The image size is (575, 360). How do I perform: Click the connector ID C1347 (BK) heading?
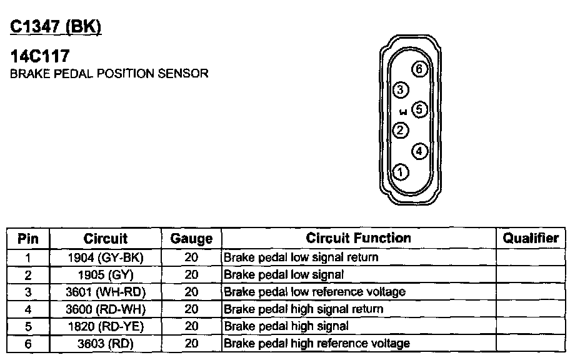click(56, 27)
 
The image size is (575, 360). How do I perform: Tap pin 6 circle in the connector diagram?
click(420, 69)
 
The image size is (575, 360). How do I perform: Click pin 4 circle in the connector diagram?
click(419, 151)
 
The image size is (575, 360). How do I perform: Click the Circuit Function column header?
click(358, 238)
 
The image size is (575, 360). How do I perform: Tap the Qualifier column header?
click(531, 238)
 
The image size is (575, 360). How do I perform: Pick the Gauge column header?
click(191, 239)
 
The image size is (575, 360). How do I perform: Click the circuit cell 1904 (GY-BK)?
click(105, 257)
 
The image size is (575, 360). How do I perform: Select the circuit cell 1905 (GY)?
click(105, 274)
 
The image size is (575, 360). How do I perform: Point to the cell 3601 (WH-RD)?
click(105, 292)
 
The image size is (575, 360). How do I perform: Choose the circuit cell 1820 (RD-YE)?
click(105, 326)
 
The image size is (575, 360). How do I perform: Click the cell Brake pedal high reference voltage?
click(317, 343)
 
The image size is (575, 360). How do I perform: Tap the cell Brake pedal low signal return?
click(301, 257)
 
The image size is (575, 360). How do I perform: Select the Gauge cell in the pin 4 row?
click(191, 309)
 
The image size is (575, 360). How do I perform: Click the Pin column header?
click(28, 239)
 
